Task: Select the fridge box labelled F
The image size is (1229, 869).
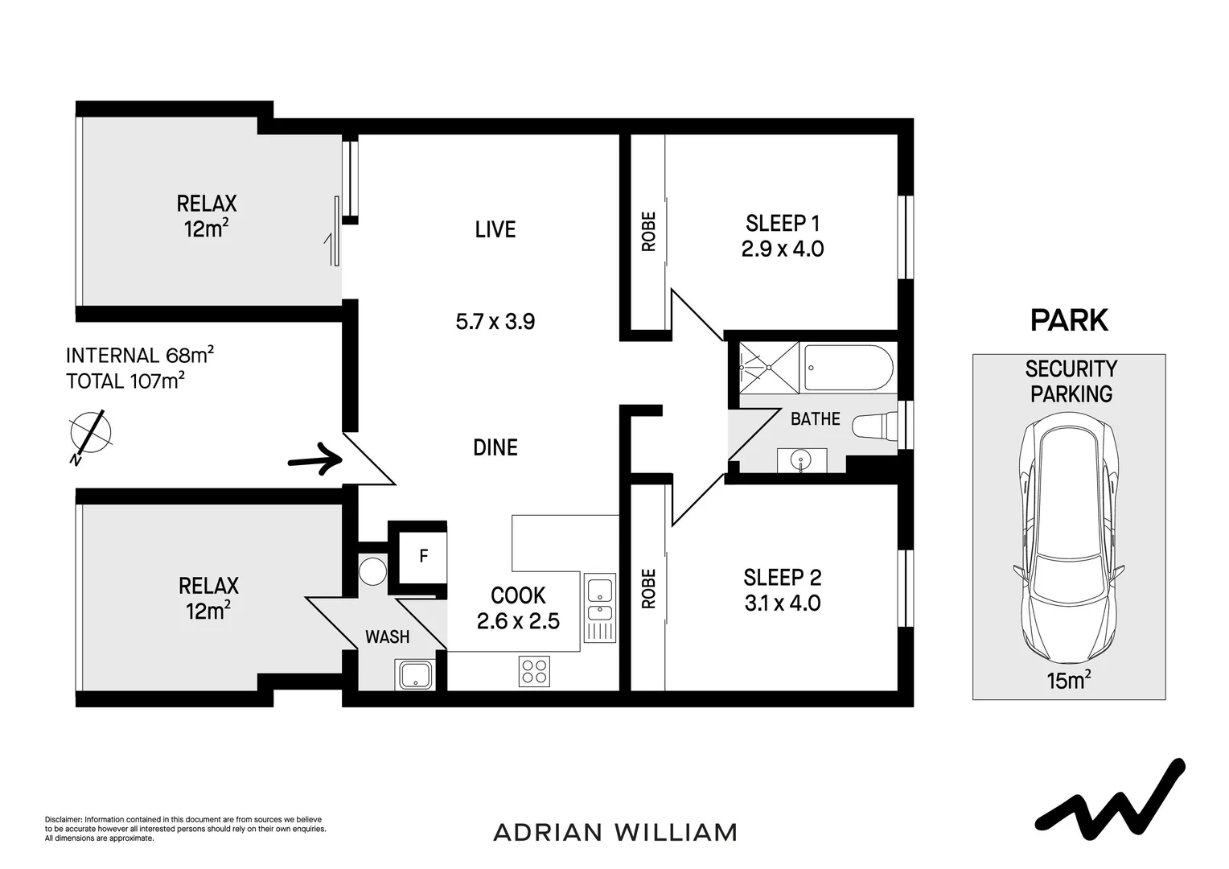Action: [x=423, y=556]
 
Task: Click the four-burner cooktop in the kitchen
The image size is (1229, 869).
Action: [x=535, y=671]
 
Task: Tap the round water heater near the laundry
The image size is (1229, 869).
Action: [x=372, y=571]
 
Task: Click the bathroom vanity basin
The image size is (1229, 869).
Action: [x=801, y=460]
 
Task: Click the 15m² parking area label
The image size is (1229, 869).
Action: [x=1068, y=681]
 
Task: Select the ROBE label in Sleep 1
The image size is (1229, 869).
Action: [x=649, y=232]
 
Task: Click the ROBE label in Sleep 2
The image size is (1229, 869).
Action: [x=649, y=588]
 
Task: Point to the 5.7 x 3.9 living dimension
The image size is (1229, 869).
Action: [x=495, y=322]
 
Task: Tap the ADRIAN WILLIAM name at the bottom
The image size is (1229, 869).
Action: [x=614, y=832]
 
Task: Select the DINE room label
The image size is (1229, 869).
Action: [x=495, y=447]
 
